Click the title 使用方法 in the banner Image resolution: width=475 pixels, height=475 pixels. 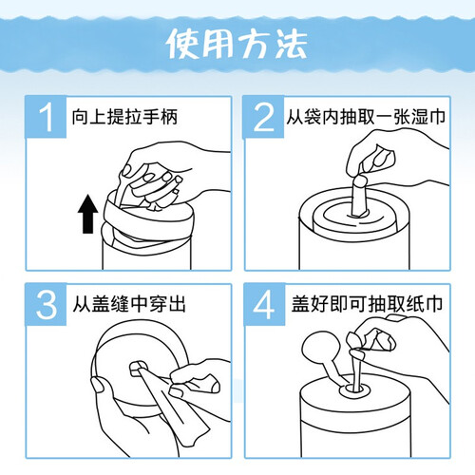coord(237,44)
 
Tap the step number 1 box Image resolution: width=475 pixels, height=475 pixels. coord(46,117)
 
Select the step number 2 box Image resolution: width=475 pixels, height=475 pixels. coord(263,117)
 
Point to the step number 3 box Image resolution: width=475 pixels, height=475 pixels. coord(46,304)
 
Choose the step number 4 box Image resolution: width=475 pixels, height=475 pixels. coord(264,304)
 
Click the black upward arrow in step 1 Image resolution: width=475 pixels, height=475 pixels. coord(87,214)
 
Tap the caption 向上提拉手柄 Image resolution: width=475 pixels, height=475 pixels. coord(124,117)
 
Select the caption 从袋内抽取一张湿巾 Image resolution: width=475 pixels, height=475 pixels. coord(366,117)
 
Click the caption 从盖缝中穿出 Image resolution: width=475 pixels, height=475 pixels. coord(129,304)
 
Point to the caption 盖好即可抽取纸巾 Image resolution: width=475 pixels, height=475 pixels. coord(367,304)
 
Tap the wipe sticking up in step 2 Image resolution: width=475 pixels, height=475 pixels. coord(359,197)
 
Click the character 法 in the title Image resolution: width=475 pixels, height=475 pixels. coord(292,44)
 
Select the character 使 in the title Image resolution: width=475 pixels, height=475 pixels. coord(182,44)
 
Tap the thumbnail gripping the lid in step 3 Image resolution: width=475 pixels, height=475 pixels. coord(99,384)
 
